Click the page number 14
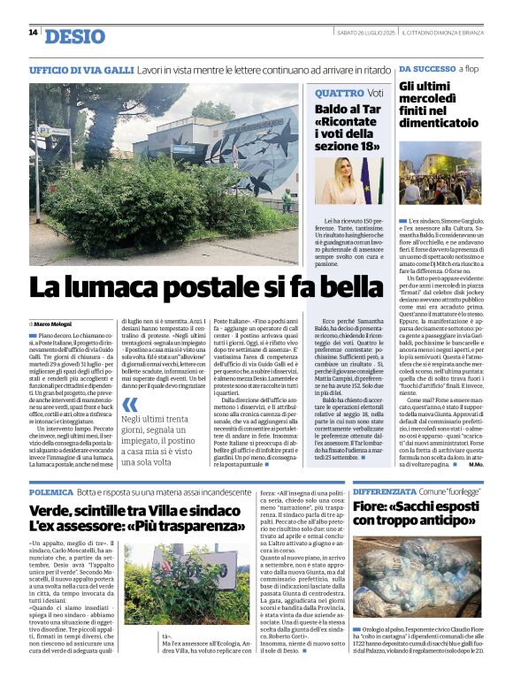point(33,33)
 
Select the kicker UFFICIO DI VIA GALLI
point(80,69)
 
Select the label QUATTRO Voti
point(349,93)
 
